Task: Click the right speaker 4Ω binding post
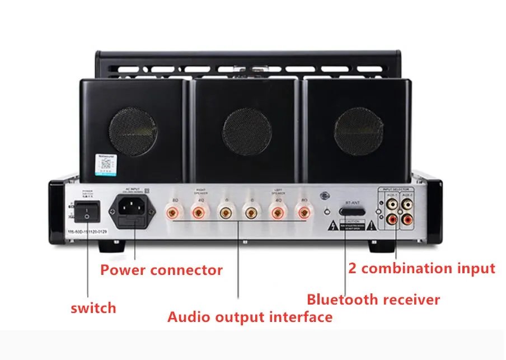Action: click(x=198, y=213)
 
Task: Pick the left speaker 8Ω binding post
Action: click(x=304, y=213)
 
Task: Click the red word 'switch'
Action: click(x=93, y=307)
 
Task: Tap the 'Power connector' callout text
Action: click(x=161, y=270)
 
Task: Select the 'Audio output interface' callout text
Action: click(x=250, y=317)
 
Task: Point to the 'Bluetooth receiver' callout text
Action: click(x=373, y=300)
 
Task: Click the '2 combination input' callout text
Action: click(x=421, y=268)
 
